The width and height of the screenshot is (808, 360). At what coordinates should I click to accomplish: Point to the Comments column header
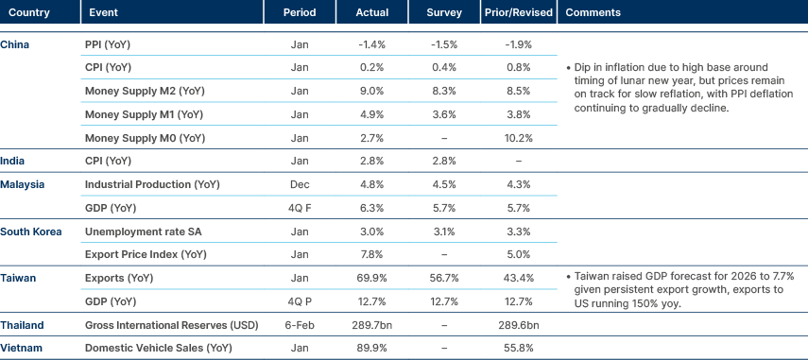593,12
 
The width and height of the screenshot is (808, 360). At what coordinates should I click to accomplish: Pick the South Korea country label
29,231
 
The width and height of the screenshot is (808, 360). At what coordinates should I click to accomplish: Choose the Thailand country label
22,324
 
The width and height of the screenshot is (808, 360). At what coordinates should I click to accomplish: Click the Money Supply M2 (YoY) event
144,92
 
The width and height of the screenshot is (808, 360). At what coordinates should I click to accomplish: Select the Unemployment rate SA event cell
144,231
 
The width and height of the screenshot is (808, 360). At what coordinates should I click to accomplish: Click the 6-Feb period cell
299,324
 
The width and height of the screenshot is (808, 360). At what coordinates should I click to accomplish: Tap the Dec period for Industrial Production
299,184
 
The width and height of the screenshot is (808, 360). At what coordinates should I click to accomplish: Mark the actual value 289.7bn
371,324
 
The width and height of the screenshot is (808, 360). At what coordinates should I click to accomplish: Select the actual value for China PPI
371,45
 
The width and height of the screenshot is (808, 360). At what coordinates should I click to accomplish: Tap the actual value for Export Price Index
371,254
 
